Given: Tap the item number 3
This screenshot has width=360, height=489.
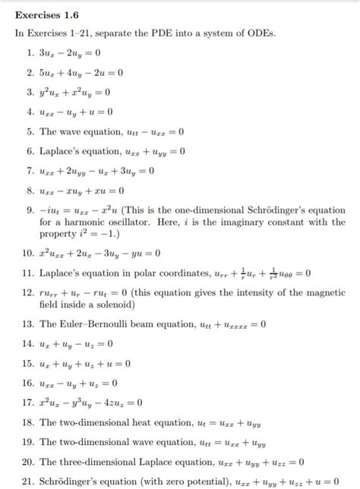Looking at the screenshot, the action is (x=29, y=93).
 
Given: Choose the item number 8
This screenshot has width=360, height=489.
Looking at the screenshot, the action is (x=29, y=191).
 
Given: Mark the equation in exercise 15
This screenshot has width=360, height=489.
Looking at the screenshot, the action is (x=85, y=364).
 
